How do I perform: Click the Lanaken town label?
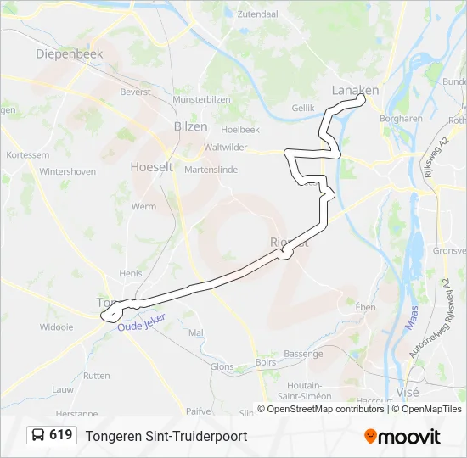point(355,90)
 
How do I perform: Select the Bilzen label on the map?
point(190,126)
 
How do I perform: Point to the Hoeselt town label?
point(151,167)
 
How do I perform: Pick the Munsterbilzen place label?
point(202,99)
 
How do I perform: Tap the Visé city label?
point(408,392)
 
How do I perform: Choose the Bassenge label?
point(303,353)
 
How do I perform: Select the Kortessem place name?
point(27,155)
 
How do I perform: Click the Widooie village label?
point(57,326)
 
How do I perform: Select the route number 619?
point(60,435)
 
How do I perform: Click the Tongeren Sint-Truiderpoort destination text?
point(166,436)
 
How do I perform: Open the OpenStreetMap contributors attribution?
point(321,409)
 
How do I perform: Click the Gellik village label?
point(303,109)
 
